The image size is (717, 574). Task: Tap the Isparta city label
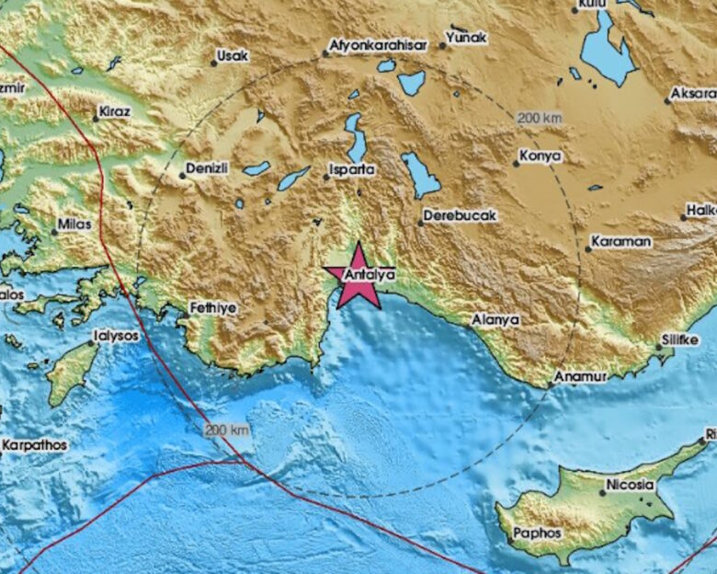pos(353,170)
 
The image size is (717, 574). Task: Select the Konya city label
pos(540,156)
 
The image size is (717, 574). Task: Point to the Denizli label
pos(207,168)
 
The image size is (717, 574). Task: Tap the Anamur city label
pos(579,377)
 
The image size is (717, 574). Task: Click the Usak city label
pos(232,57)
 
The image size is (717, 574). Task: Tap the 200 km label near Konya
pos(539,118)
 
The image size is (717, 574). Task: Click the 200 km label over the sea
pos(226,430)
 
